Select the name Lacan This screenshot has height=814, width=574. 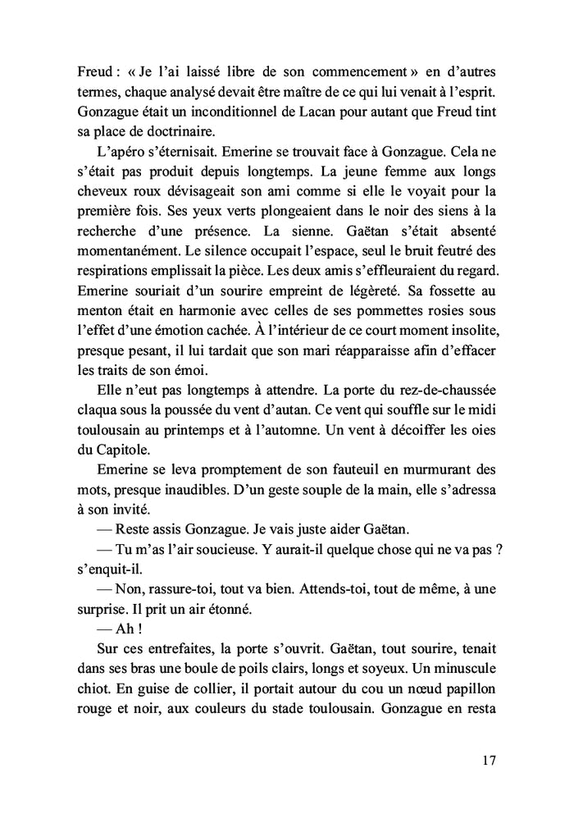coord(306,109)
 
